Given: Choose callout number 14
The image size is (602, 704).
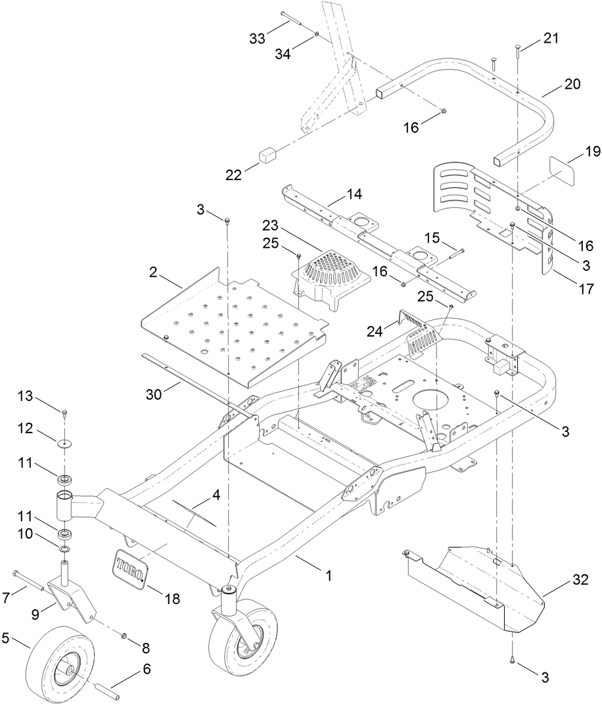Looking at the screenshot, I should click(x=354, y=195).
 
